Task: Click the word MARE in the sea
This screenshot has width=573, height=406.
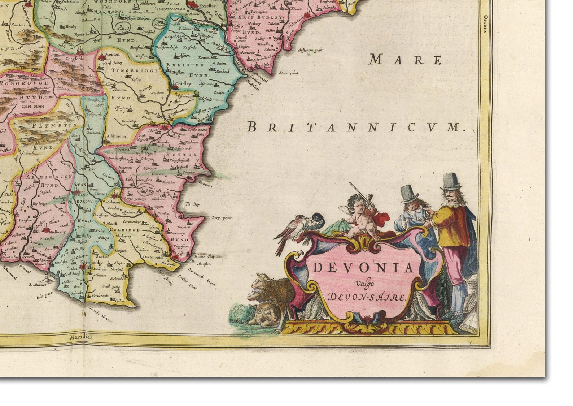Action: (x=405, y=60)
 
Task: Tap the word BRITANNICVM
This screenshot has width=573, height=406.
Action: (x=355, y=127)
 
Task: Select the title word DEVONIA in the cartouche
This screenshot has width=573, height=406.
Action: (x=363, y=268)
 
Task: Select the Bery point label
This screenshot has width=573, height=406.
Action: (x=221, y=218)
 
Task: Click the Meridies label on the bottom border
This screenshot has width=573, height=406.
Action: (x=81, y=337)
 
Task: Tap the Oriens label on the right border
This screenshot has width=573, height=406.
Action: (x=485, y=24)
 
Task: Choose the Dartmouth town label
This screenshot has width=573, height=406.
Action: (x=152, y=257)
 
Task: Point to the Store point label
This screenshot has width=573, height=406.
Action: (x=289, y=73)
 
